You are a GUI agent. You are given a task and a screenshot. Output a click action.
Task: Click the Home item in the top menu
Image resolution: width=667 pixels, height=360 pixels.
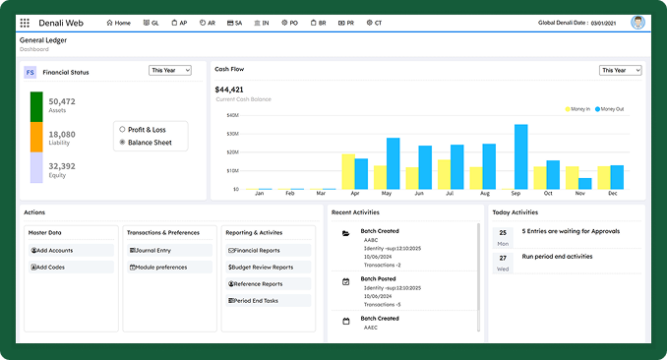(x=118, y=22)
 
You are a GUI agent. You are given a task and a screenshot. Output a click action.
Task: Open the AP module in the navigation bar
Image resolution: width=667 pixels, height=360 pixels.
(x=177, y=22)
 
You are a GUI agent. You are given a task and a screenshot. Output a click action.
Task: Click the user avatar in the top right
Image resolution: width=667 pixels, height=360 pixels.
(x=638, y=22)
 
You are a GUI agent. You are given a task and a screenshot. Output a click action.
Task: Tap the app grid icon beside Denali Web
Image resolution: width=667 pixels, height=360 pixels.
(x=25, y=22)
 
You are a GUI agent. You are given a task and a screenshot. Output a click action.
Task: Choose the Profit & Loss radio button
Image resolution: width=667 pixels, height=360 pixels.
(x=122, y=129)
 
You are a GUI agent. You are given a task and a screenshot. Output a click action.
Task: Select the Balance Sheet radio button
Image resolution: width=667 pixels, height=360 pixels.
(x=122, y=142)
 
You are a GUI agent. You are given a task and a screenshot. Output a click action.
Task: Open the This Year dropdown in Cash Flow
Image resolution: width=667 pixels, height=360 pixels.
(x=621, y=71)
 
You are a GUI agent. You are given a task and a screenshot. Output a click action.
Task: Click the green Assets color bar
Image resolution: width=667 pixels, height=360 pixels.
(x=36, y=106)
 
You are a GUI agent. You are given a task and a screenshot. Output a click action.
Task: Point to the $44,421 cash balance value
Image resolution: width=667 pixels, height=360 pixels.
(x=228, y=89)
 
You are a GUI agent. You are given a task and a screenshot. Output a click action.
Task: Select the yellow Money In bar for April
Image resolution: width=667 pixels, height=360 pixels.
(x=348, y=171)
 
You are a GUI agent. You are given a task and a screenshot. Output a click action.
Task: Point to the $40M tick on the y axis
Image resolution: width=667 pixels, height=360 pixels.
(x=232, y=115)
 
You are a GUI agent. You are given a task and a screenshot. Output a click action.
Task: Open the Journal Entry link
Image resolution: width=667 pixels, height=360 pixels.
(x=152, y=251)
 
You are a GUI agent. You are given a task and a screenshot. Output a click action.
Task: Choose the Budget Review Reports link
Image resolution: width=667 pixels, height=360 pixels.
(x=262, y=267)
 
